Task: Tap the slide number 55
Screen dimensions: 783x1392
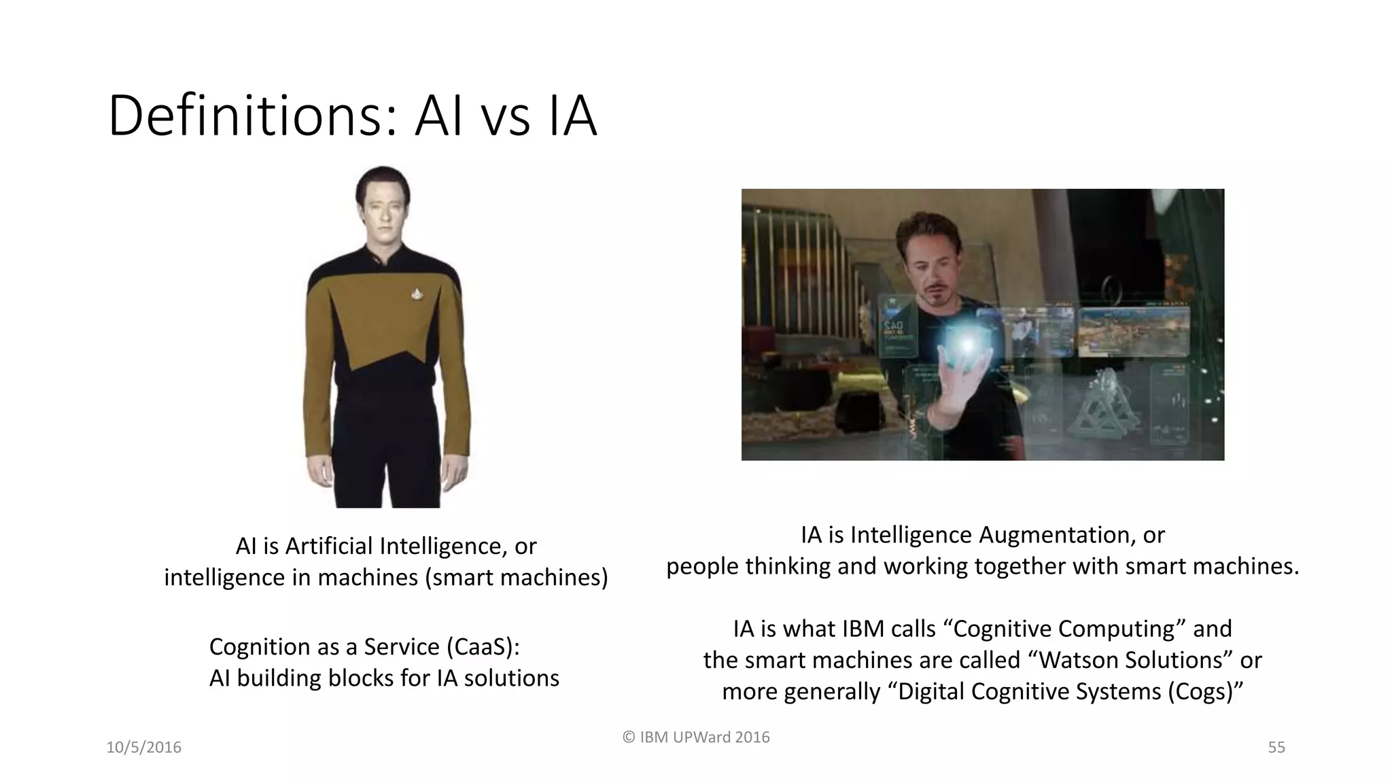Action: click(1276, 748)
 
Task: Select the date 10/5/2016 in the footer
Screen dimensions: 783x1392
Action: click(144, 748)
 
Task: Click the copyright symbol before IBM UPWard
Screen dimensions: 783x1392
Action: click(629, 737)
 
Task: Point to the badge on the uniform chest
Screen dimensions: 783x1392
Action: click(416, 293)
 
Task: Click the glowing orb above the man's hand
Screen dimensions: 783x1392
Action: click(966, 343)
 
